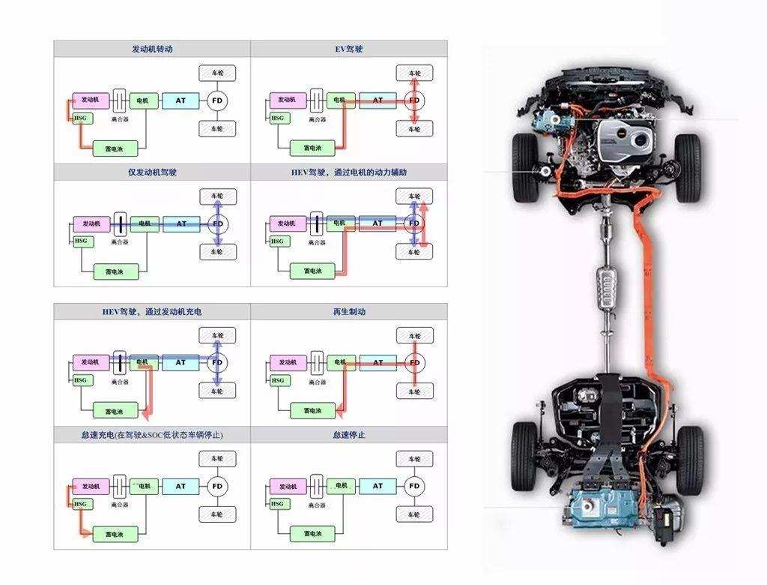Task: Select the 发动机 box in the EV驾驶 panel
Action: (287, 100)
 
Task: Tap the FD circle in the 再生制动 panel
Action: (414, 363)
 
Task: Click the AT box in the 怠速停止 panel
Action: (378, 486)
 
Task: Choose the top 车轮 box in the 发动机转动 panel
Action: (217, 73)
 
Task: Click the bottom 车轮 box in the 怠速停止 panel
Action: (414, 514)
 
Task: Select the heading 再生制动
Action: (349, 312)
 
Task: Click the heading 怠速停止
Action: (349, 435)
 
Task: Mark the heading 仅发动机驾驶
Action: (152, 172)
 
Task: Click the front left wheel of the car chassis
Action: (524, 167)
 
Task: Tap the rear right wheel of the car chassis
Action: (689, 457)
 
